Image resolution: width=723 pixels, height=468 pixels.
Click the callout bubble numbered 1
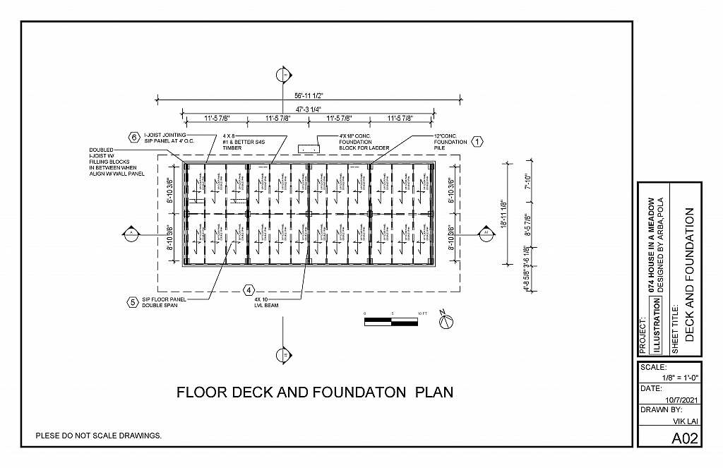(477, 142)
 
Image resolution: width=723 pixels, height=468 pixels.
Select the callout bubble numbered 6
(133, 137)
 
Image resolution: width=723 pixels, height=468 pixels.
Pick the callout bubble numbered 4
(249, 289)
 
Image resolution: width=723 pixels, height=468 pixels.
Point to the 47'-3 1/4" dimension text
(308, 109)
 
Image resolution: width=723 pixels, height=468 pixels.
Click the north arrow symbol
(446, 321)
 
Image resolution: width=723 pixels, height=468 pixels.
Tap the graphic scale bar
(391, 322)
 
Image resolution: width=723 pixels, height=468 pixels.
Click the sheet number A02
(684, 438)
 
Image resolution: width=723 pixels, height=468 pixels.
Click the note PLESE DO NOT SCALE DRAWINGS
(99, 436)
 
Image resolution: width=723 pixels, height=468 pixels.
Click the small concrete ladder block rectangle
(309, 149)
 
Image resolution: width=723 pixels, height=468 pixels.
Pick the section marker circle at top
(284, 75)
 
